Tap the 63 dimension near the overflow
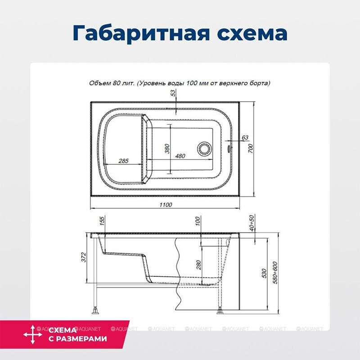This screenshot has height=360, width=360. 245,137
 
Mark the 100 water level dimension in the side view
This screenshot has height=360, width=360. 197,222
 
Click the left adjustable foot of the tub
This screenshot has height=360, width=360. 96,310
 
